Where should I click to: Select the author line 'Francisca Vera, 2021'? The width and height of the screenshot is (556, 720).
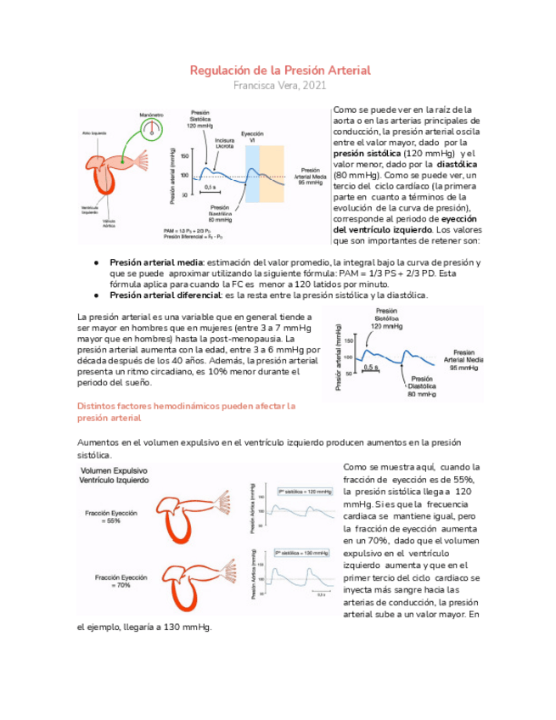pyautogui.click(x=279, y=86)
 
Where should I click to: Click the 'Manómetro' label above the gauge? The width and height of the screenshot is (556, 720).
pyautogui.click(x=152, y=114)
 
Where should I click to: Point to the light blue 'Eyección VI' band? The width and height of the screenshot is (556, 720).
pyautogui.click(x=251, y=173)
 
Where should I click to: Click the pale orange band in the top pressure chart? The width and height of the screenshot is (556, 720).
pyautogui.click(x=272, y=173)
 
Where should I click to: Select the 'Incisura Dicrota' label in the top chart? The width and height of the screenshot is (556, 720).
pyautogui.click(x=224, y=143)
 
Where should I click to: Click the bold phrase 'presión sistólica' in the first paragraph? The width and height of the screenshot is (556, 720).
pyautogui.click(x=367, y=154)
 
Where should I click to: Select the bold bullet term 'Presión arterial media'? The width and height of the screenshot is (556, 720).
pyautogui.click(x=158, y=263)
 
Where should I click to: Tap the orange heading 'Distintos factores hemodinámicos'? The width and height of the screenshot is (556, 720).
pyautogui.click(x=186, y=407)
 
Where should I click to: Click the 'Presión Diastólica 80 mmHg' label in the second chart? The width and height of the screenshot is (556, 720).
pyautogui.click(x=422, y=388)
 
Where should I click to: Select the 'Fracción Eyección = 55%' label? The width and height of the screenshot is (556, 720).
pyautogui.click(x=107, y=517)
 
